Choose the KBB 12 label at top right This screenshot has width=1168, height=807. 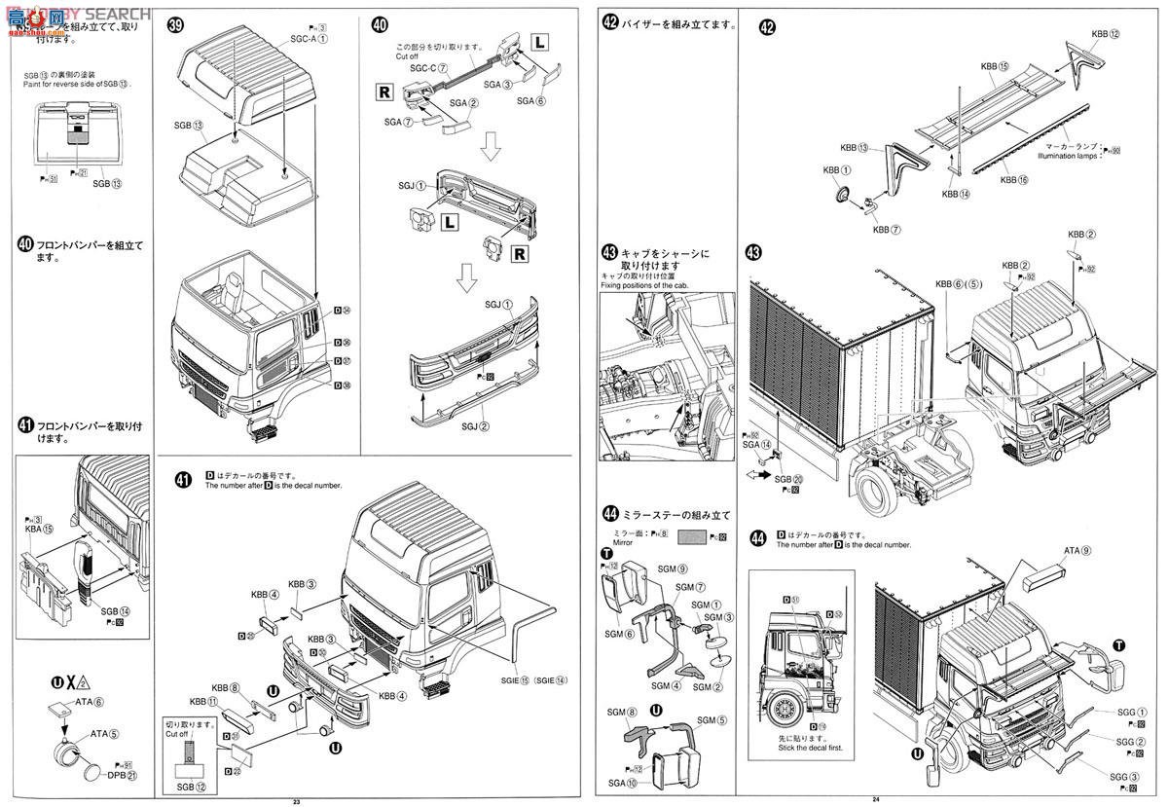pyautogui.click(x=1106, y=34)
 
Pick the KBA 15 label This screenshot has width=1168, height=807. pyautogui.click(x=41, y=530)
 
